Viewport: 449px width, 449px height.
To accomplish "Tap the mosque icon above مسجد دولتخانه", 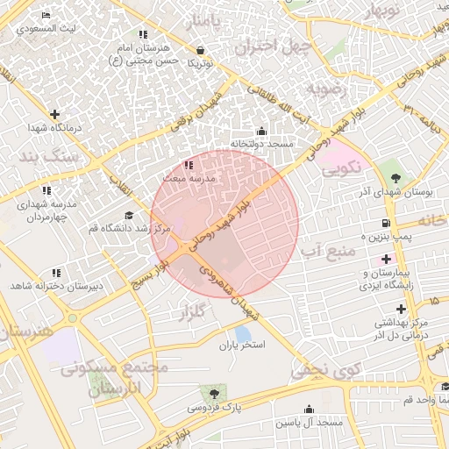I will click(261, 132).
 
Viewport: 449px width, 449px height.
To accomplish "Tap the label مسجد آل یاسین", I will click(308, 424).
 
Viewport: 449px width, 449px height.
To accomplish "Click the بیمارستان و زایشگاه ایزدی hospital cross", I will click(387, 260).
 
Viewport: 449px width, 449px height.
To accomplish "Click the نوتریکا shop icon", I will click(203, 52).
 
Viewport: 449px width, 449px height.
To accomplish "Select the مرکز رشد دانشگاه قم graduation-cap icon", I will click(129, 215).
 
